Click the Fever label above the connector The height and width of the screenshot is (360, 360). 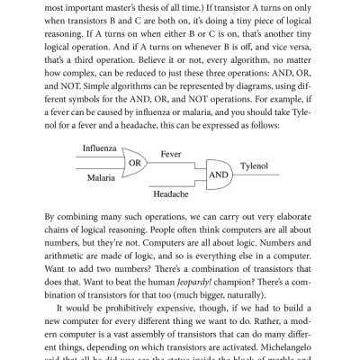[173, 155]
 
